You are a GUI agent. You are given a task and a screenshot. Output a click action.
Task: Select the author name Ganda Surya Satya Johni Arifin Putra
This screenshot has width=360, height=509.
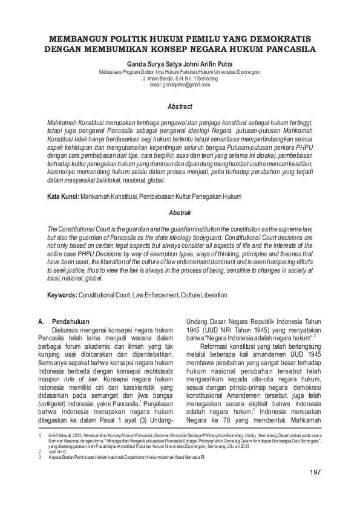click(180, 62)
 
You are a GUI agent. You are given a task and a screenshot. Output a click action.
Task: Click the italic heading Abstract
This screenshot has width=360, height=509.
click(180, 106)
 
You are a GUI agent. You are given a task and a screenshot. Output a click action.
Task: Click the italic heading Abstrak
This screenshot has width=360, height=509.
click(180, 213)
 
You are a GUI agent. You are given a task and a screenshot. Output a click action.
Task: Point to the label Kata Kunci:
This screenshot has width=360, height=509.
click(63, 197)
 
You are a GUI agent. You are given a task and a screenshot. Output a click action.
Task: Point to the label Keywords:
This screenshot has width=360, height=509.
click(63, 295)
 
